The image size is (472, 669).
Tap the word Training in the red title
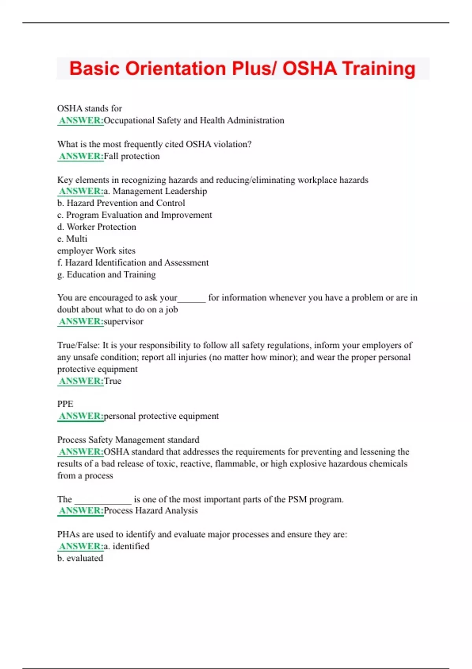pyautogui.click(x=378, y=68)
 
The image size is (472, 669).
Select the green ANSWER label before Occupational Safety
pyautogui.click(x=81, y=120)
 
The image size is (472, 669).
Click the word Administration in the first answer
pyautogui.click(x=255, y=120)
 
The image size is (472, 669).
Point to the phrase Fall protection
pyautogui.click(x=132, y=156)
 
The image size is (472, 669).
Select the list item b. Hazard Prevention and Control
pyautogui.click(x=121, y=203)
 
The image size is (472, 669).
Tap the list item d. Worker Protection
pyautogui.click(x=97, y=227)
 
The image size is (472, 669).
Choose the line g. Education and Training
pyautogui.click(x=106, y=275)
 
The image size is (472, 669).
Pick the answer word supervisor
pyautogui.click(x=124, y=322)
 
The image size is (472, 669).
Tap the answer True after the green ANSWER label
pyautogui.click(x=112, y=381)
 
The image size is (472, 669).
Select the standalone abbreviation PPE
pyautogui.click(x=65, y=404)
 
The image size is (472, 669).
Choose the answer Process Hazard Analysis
pyautogui.click(x=151, y=511)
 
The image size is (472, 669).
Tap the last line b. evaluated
pyautogui.click(x=80, y=558)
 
